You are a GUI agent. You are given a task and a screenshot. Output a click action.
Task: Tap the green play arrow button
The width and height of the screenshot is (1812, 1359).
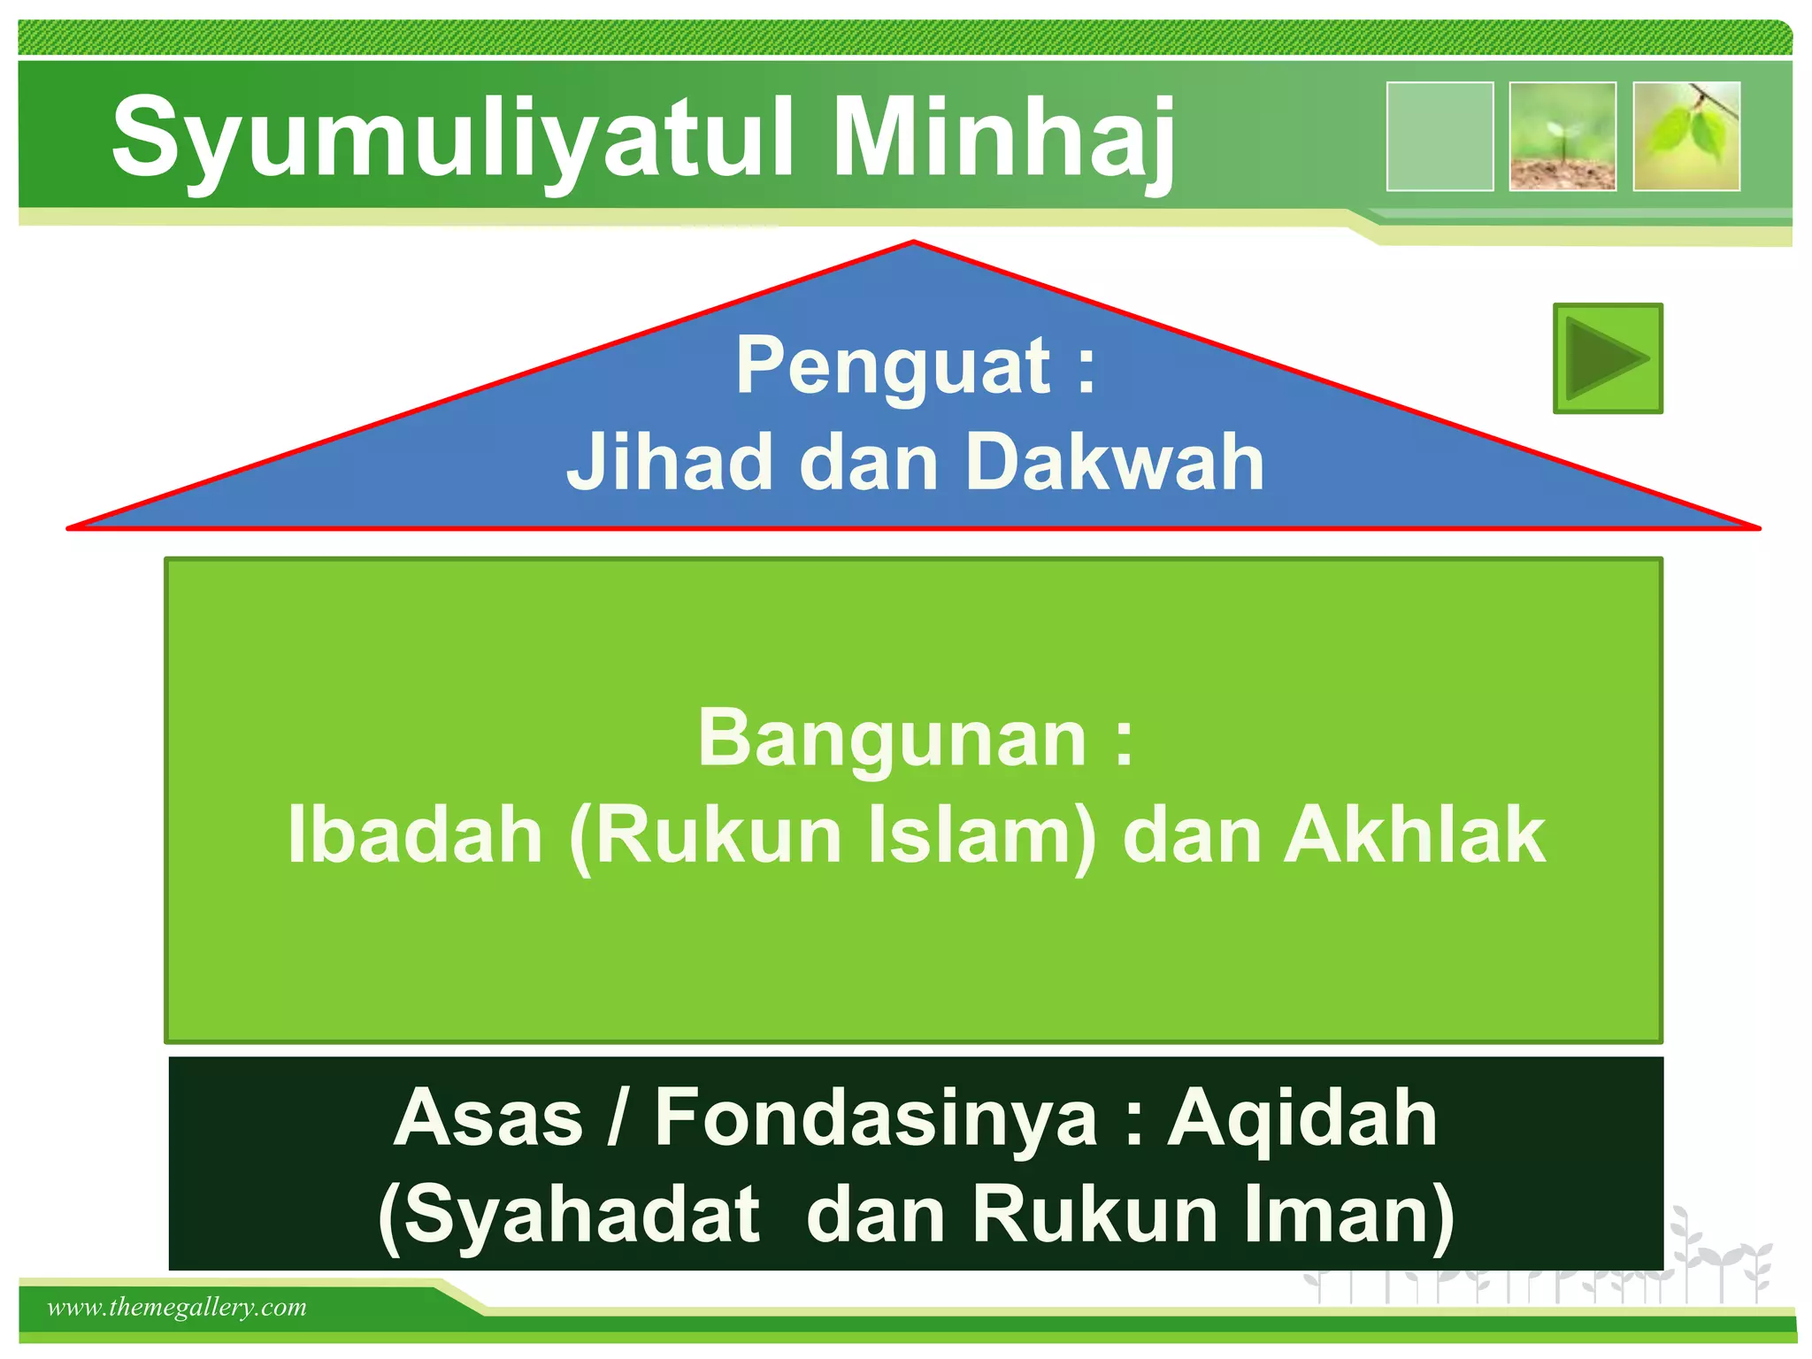(x=1608, y=358)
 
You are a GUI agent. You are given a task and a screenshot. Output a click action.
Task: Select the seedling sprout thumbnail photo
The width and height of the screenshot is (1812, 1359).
(x=1562, y=136)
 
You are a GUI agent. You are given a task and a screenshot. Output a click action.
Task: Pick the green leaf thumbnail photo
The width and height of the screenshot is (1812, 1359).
(x=1686, y=136)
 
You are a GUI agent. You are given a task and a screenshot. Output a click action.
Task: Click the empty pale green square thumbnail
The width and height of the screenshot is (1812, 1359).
(x=1440, y=136)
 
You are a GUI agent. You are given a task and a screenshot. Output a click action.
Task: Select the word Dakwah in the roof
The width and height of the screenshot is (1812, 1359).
(x=1115, y=462)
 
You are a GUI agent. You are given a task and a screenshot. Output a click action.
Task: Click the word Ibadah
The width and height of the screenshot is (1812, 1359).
(x=415, y=835)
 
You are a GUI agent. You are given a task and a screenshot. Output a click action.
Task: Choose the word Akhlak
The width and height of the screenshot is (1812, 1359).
(x=1415, y=835)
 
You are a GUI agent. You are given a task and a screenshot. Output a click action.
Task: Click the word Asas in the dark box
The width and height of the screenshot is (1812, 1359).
(x=488, y=1118)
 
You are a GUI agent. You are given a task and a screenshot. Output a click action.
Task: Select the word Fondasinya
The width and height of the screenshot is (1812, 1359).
(x=876, y=1118)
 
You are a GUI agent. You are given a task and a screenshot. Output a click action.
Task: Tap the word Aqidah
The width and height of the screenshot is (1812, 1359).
(x=1301, y=1118)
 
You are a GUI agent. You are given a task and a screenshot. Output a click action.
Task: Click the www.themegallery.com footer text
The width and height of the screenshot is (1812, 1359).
(x=177, y=1307)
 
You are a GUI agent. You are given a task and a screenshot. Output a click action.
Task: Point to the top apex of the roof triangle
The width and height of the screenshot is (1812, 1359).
(x=913, y=242)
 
